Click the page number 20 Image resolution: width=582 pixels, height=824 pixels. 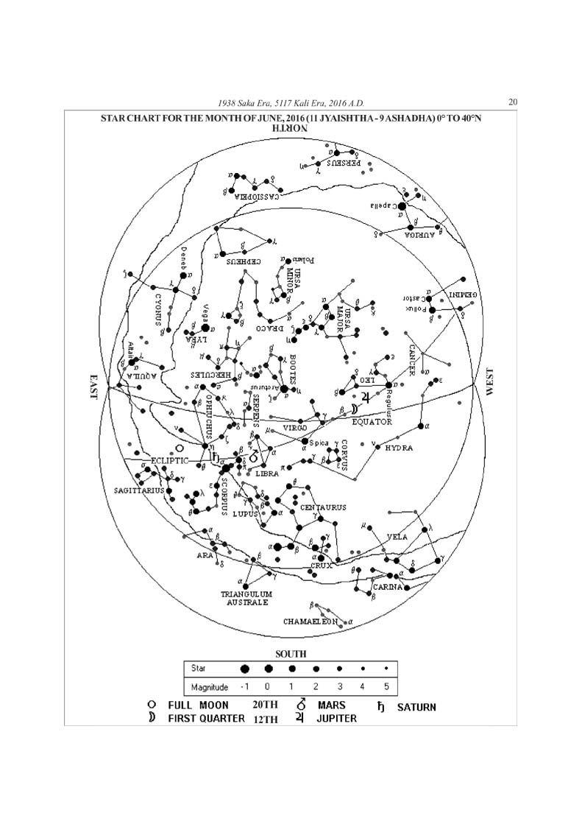point(513,102)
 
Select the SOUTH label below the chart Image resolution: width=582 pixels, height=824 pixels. point(291,653)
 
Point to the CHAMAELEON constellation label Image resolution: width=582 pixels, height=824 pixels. point(310,621)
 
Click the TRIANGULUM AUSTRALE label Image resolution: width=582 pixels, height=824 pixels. point(247,598)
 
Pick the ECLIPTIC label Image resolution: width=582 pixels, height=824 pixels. point(170,460)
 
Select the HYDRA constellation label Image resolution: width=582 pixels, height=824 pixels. point(399,448)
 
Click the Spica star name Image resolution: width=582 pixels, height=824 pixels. point(319,443)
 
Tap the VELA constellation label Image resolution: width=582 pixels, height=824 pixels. point(397,538)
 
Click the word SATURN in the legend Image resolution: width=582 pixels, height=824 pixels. point(416,707)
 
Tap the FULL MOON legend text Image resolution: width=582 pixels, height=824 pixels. point(198,705)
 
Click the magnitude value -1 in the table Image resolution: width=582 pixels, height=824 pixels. point(244,687)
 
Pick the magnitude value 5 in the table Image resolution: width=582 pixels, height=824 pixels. point(385,687)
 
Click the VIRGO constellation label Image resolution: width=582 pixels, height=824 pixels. point(295,427)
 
